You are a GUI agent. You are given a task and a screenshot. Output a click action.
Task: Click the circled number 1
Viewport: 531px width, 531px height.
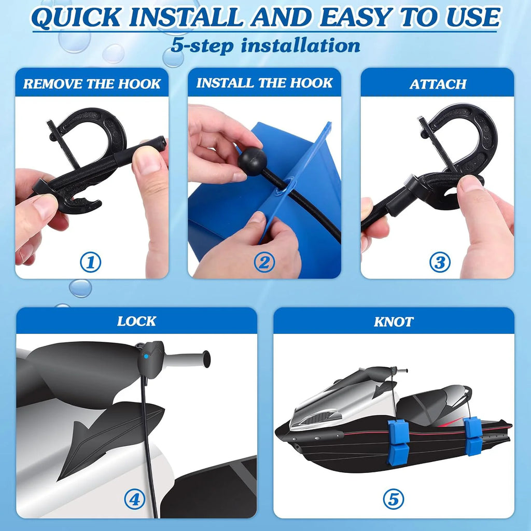tap(90, 262)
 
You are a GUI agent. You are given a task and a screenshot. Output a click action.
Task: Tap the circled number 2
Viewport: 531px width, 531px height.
tap(264, 262)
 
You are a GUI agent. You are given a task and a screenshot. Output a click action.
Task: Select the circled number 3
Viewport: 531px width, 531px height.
tap(440, 262)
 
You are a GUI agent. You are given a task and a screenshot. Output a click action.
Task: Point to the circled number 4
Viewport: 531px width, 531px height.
tap(135, 499)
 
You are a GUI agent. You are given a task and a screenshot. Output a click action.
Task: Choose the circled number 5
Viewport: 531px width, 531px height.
tap(394, 499)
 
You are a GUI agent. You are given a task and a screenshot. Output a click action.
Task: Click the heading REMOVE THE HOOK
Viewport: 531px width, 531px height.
tap(92, 84)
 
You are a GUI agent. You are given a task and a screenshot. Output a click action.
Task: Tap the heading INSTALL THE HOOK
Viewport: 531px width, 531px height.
tap(264, 83)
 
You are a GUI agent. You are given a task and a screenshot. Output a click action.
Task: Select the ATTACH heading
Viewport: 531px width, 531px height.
tap(438, 84)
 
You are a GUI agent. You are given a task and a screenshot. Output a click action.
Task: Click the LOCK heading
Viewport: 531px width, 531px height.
tap(136, 321)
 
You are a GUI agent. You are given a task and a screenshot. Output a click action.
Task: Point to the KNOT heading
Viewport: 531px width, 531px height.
tap(394, 322)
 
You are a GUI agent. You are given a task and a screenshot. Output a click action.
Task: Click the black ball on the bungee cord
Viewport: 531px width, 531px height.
tap(253, 161)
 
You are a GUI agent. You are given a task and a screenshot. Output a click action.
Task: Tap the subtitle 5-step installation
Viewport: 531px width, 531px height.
tap(265, 46)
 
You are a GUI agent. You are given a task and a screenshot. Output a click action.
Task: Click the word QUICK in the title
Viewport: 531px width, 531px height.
tap(76, 17)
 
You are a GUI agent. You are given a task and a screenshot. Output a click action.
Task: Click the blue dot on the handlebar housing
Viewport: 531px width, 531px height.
tap(146, 356)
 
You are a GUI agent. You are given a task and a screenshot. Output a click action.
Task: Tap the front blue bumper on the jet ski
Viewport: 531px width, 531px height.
tap(399, 437)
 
